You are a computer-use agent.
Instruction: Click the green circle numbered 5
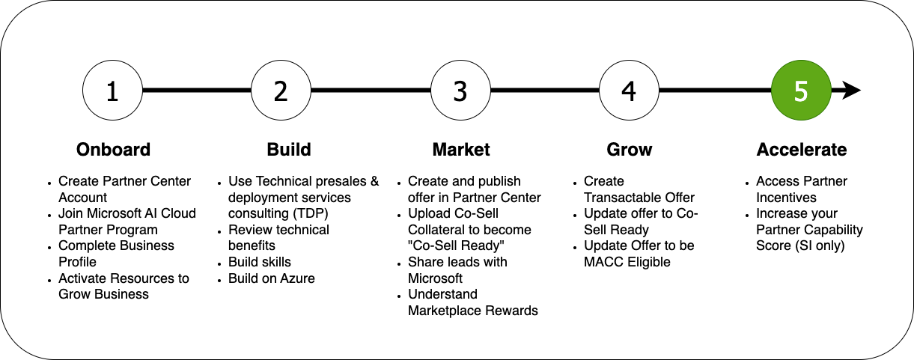(801, 91)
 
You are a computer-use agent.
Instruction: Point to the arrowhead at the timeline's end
(852, 91)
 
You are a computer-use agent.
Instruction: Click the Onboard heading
(114, 150)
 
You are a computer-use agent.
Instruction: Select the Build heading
(289, 150)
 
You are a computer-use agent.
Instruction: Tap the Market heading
(461, 150)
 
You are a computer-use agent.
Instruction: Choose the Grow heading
(630, 150)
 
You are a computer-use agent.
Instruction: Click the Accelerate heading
(802, 150)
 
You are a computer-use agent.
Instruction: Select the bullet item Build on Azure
(271, 278)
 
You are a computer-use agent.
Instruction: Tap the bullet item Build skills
(260, 262)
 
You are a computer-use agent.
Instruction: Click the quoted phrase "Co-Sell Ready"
(456, 245)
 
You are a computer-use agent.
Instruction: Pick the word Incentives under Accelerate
(786, 198)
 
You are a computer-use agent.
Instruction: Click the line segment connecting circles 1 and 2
(197, 91)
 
